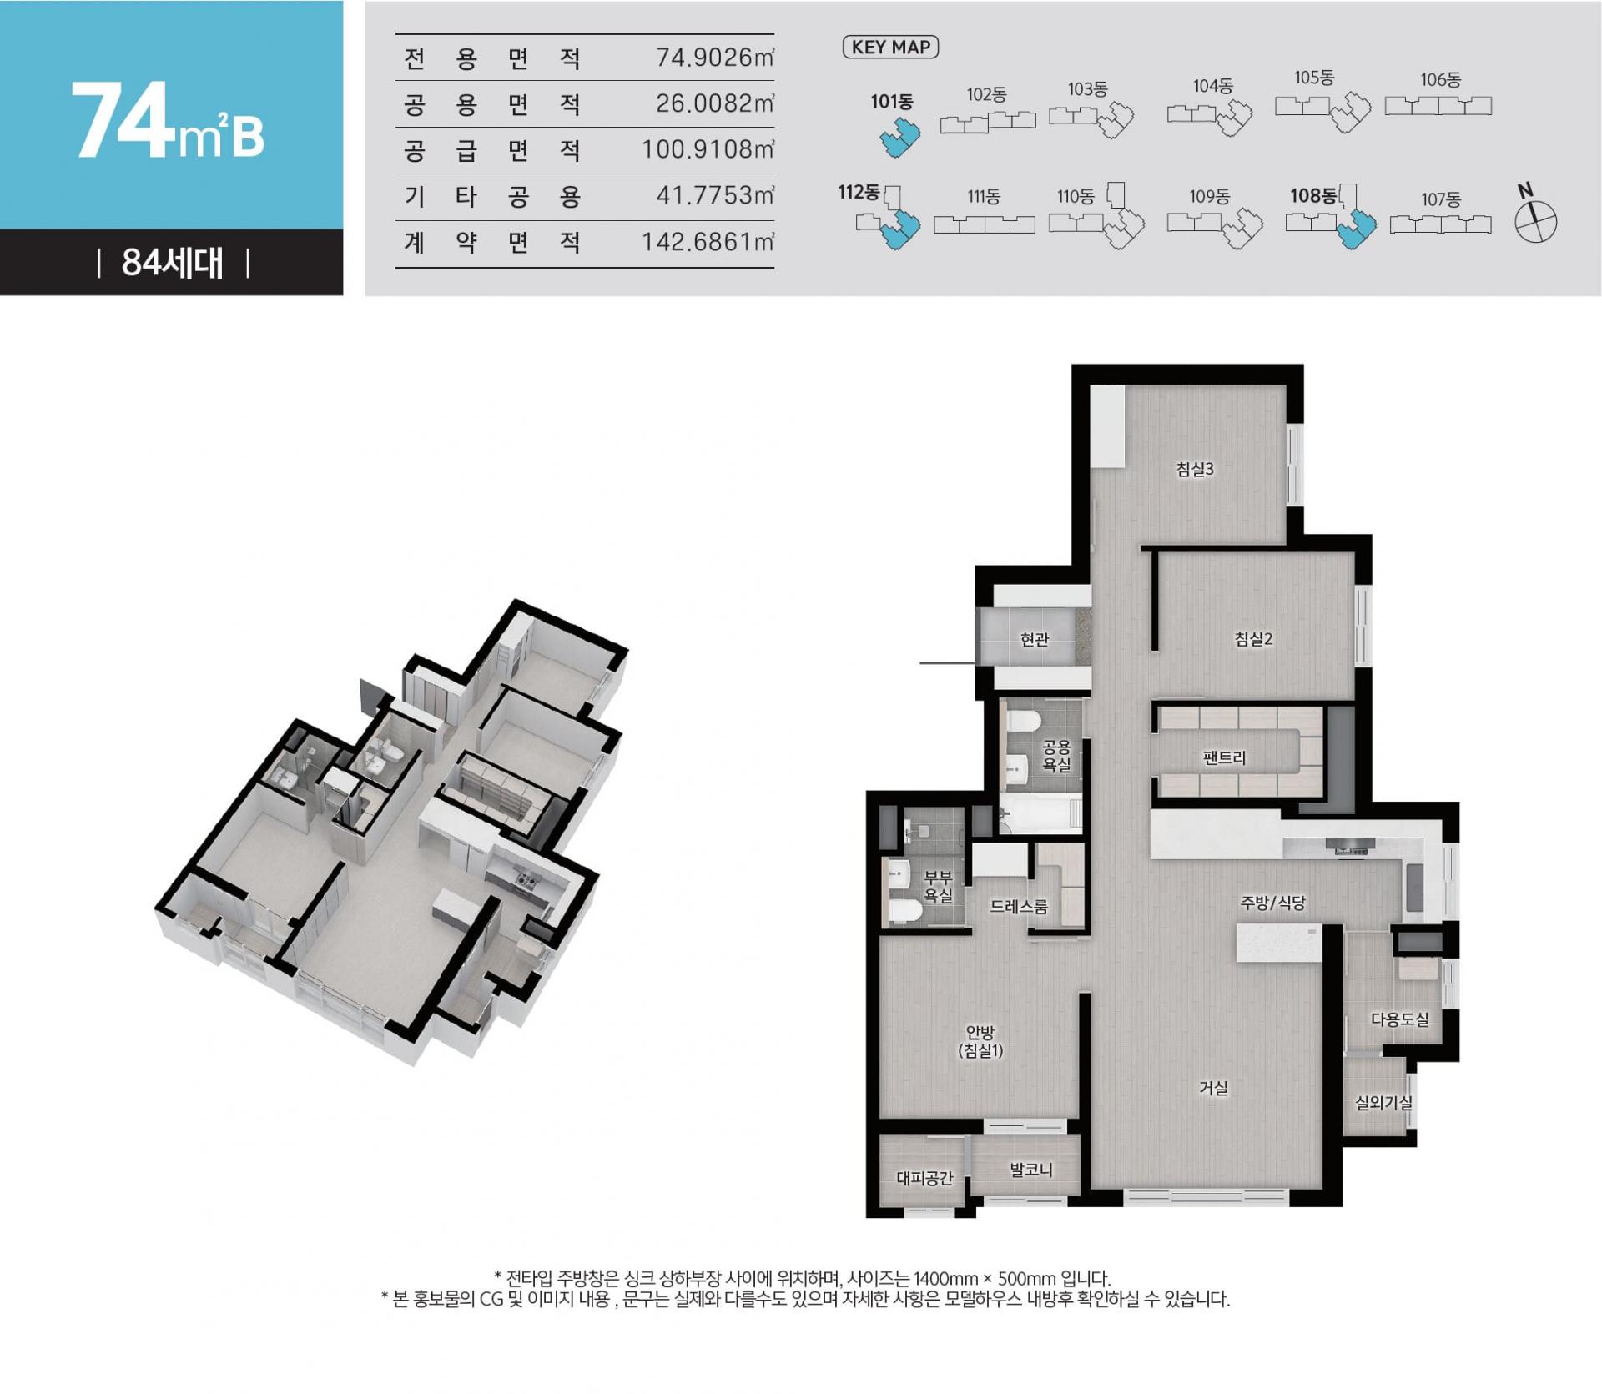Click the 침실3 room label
click(1195, 469)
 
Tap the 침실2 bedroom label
click(1253, 639)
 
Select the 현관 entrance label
click(1035, 639)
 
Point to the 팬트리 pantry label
click(1224, 757)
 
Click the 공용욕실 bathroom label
click(1056, 755)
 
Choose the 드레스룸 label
click(1018, 906)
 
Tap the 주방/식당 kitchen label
click(1272, 902)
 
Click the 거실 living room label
click(1213, 1088)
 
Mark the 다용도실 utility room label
click(1399, 1019)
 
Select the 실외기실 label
click(1383, 1103)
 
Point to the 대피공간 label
click(924, 1178)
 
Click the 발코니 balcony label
click(1031, 1170)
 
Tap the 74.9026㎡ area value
click(715, 57)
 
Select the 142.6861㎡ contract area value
click(708, 242)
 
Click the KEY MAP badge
click(890, 47)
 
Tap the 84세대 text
click(173, 263)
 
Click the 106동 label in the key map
click(1440, 80)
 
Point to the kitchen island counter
click(1278, 943)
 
